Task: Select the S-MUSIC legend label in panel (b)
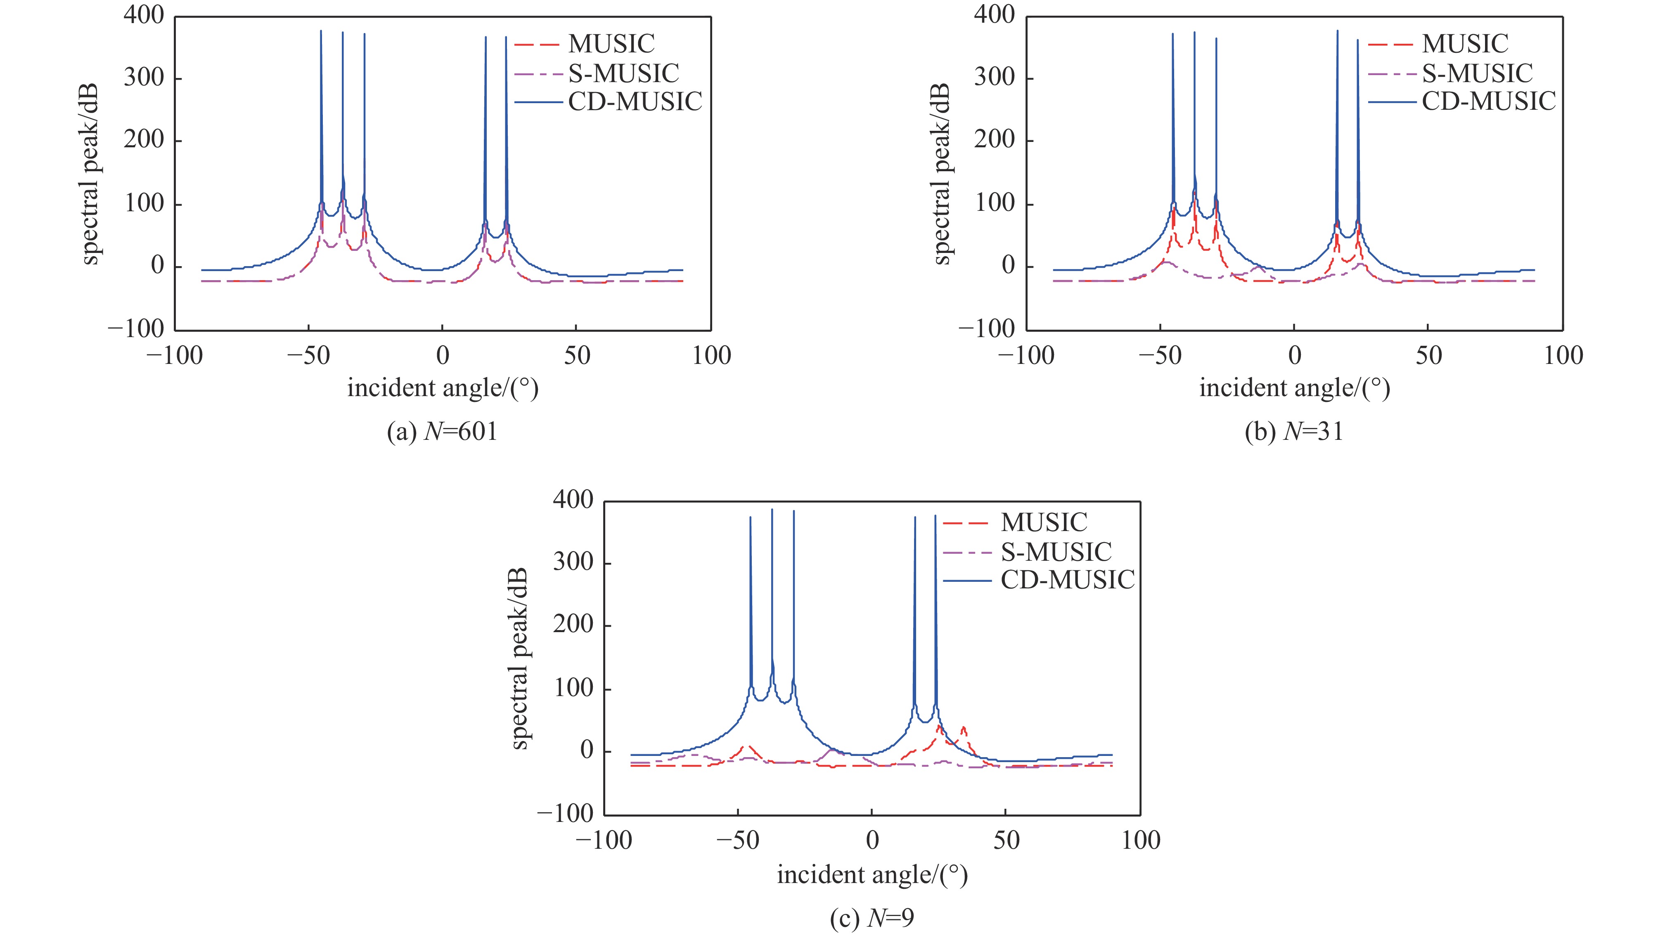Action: (x=1477, y=73)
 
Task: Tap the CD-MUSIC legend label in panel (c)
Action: (x=1067, y=580)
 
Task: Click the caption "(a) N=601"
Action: (x=442, y=431)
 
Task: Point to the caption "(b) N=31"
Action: (x=1294, y=431)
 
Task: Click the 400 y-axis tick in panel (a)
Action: (x=144, y=15)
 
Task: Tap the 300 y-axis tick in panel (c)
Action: (x=573, y=562)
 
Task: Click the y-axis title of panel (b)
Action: (x=940, y=174)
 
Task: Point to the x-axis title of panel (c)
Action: (x=872, y=874)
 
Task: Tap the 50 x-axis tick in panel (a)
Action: (x=577, y=355)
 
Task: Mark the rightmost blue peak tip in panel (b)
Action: (x=1357, y=40)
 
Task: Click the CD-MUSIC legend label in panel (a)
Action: (x=635, y=102)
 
